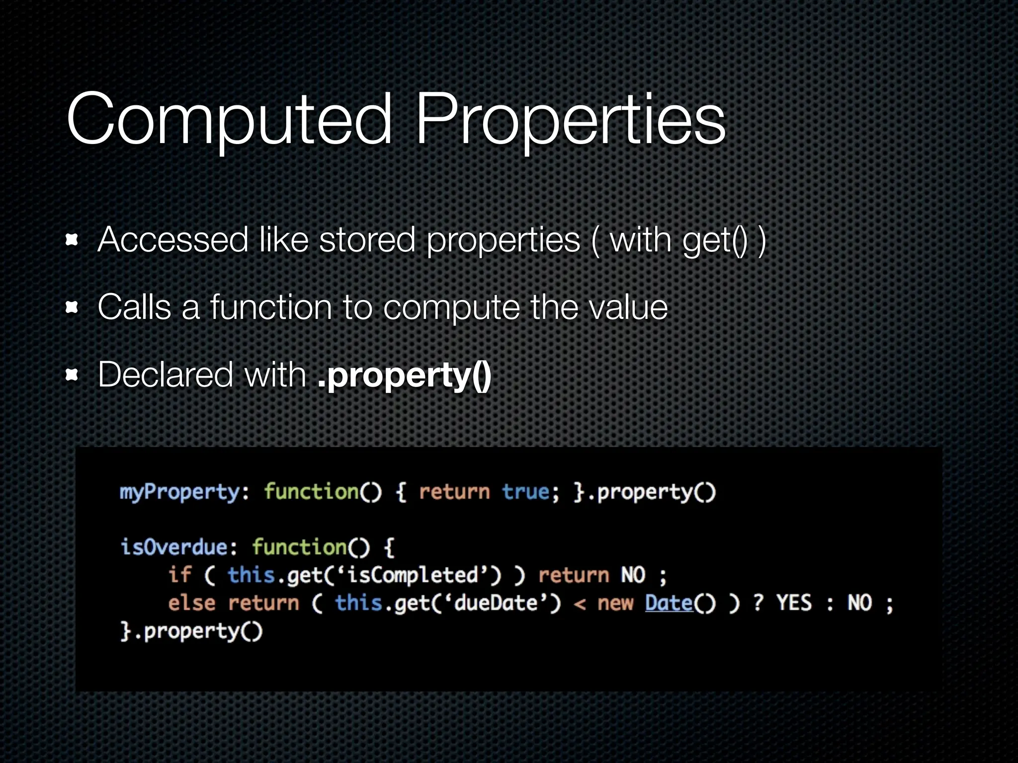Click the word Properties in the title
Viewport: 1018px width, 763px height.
[570, 119]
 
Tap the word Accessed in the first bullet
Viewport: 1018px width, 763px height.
[172, 240]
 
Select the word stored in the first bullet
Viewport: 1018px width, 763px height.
[367, 240]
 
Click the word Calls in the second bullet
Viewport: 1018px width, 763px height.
[134, 307]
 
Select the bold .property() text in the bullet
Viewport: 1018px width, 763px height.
[404, 375]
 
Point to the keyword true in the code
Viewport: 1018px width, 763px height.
[525, 492]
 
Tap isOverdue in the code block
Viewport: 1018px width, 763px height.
[174, 547]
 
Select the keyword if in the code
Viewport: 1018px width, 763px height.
[179, 575]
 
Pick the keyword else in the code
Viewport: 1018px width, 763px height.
[191, 603]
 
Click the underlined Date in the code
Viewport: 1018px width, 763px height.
[669, 603]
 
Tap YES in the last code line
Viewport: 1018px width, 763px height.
[794, 603]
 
